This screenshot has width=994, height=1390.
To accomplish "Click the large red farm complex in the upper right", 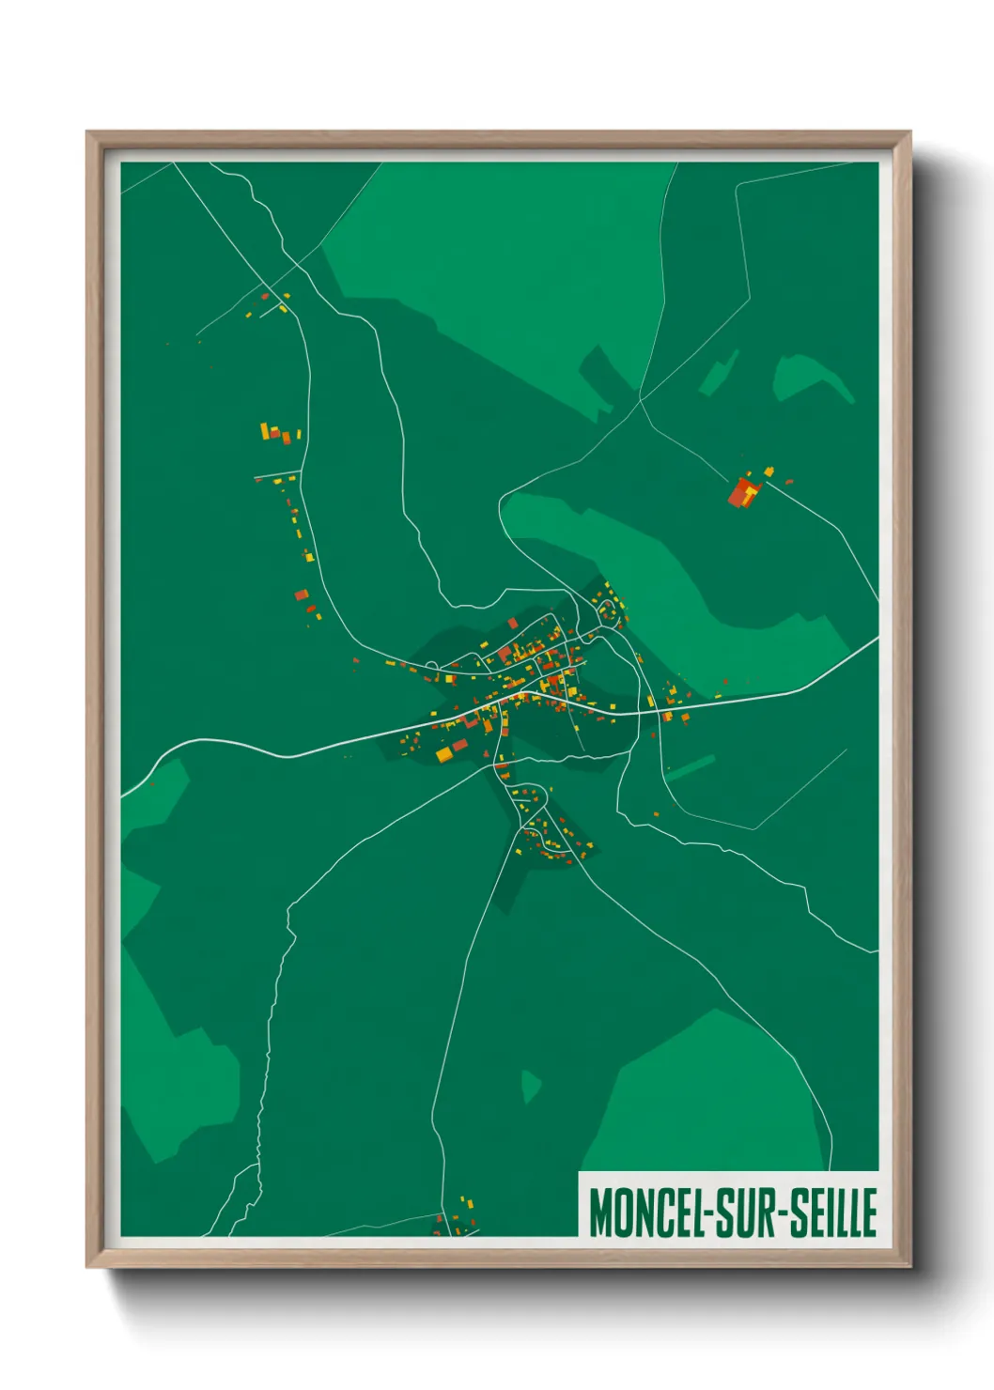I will [x=743, y=491].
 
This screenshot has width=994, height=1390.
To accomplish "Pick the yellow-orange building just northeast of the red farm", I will [x=769, y=471].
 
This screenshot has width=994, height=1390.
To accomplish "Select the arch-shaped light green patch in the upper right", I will [x=809, y=375].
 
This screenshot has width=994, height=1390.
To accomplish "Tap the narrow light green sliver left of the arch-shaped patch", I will [x=720, y=374].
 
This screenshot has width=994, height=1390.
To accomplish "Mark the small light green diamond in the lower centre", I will [x=530, y=1086].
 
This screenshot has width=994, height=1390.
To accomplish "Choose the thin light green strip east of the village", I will [x=691, y=767].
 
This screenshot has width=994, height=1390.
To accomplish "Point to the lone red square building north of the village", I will [x=513, y=623].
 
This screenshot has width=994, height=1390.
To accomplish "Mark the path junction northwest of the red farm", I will [x=641, y=401].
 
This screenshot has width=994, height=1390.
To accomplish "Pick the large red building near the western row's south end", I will [x=301, y=595].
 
